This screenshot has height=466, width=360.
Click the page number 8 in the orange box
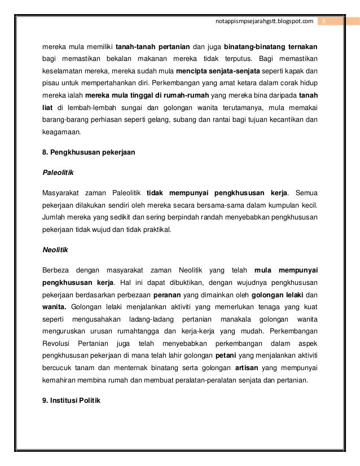coord(324,21)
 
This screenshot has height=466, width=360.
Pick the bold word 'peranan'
coord(170,294)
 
